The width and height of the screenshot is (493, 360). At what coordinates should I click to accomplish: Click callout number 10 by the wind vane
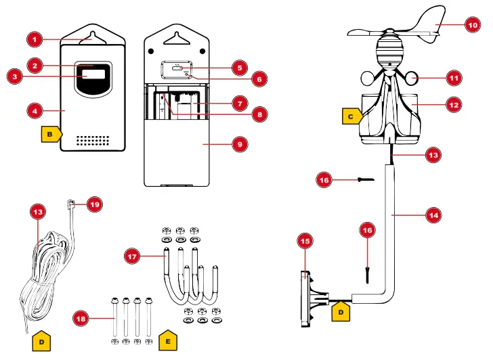[x=473, y=25]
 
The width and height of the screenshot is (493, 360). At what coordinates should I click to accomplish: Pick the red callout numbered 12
[x=454, y=105]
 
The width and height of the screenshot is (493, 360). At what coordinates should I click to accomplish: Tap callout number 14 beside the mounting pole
[x=433, y=215]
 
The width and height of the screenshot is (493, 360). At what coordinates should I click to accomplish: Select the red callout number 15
[x=305, y=240]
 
